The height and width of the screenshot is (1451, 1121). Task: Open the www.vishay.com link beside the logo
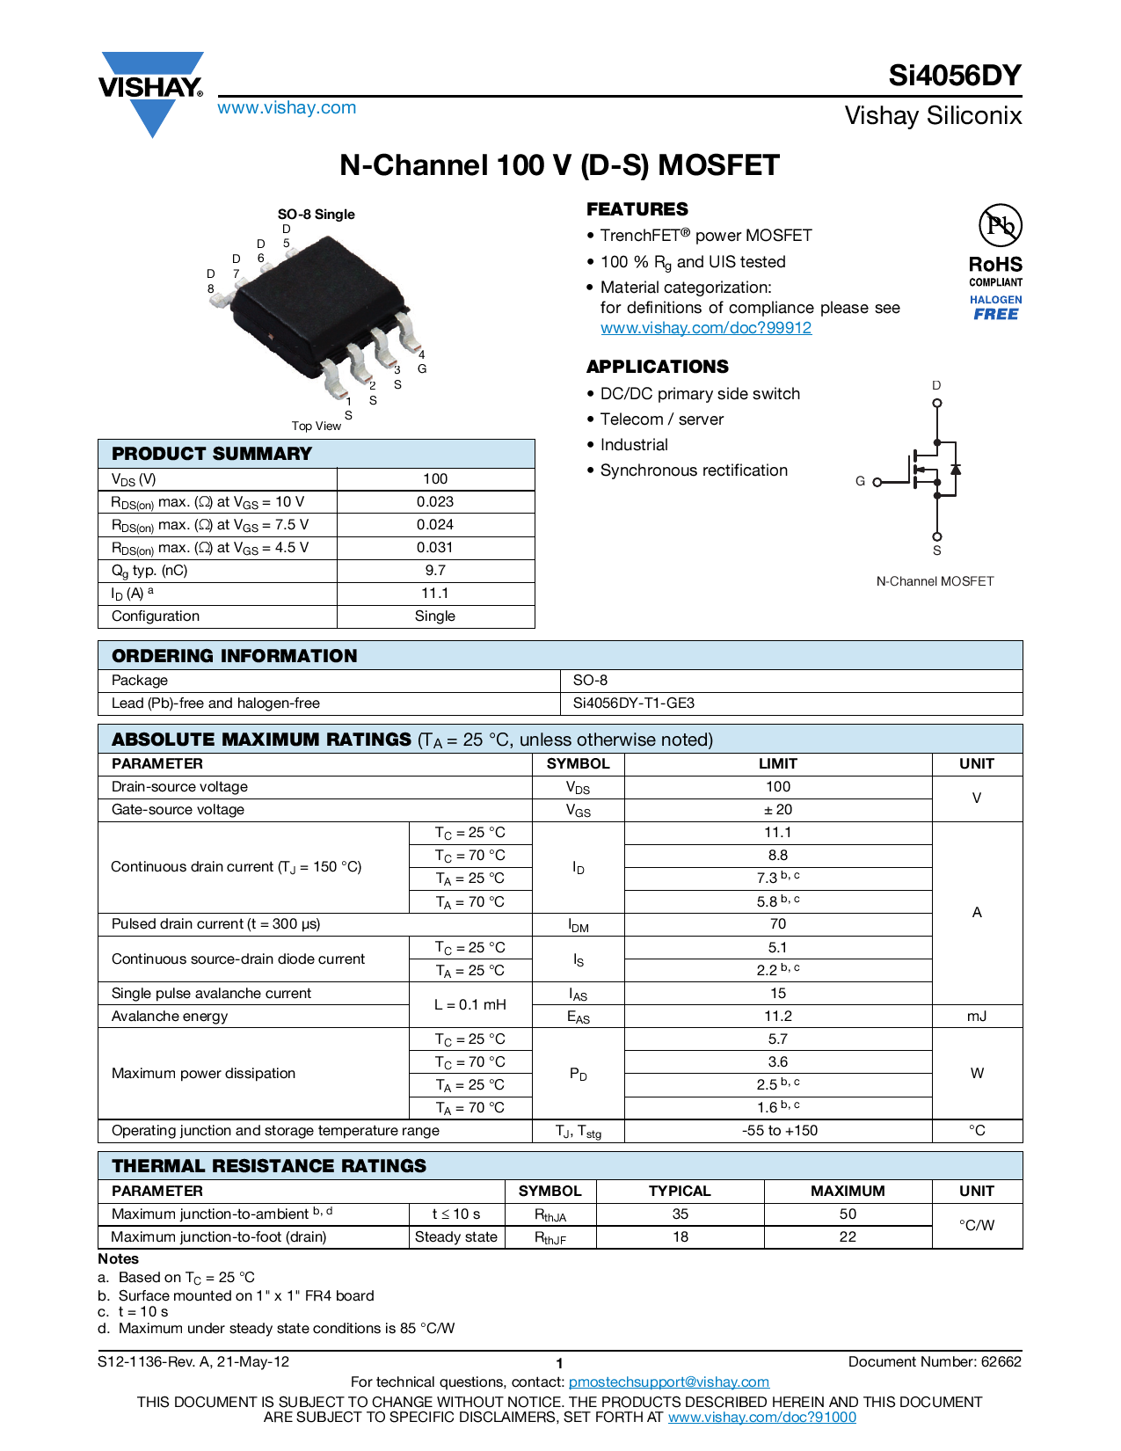point(287,108)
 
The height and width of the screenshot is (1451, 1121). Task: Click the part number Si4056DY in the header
point(954,76)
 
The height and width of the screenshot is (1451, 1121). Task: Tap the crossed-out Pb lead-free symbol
point(1000,225)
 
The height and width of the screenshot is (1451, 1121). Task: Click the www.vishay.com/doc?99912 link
point(705,328)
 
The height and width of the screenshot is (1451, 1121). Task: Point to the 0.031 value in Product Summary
point(435,548)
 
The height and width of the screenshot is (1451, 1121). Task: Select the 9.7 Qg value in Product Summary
point(435,571)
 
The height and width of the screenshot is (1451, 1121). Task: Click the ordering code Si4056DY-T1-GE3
point(633,704)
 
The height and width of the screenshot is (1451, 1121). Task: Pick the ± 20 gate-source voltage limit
point(778,810)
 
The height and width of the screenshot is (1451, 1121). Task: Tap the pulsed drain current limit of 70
point(778,924)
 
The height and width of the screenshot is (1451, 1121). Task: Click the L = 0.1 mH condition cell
point(470,1005)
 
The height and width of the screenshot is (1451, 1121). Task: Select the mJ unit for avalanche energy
point(977,1017)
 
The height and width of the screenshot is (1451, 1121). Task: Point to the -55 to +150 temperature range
point(779,1131)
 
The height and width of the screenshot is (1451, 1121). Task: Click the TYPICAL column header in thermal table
point(680,1192)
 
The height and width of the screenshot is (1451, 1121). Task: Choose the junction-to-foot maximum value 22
point(848,1237)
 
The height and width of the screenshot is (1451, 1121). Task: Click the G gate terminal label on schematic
point(860,482)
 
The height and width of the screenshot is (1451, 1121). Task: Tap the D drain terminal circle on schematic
point(937,404)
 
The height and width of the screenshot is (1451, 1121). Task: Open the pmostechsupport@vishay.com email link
point(668,1382)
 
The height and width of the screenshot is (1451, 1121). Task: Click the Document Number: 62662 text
point(935,1362)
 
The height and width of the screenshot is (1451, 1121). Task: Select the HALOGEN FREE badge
point(995,308)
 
